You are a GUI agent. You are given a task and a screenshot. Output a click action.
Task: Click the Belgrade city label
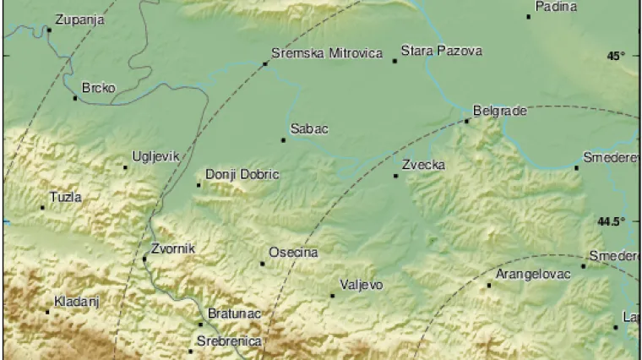click(499, 110)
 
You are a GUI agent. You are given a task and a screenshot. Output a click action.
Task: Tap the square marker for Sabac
click(284, 140)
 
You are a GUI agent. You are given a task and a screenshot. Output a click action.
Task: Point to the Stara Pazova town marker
click(394, 61)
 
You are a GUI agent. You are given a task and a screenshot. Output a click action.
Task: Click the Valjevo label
click(361, 285)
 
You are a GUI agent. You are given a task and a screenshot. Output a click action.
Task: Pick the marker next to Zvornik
click(144, 259)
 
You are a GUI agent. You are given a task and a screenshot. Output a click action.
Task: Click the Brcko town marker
click(75, 98)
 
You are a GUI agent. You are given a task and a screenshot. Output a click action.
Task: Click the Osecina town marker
click(263, 264)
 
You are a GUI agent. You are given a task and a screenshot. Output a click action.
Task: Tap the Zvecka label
click(423, 165)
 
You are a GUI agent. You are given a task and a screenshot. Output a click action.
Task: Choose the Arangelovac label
click(533, 274)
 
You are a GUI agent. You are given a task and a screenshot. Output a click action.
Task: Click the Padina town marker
click(529, 16)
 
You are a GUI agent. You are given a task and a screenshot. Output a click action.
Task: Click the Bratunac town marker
click(200, 324)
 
